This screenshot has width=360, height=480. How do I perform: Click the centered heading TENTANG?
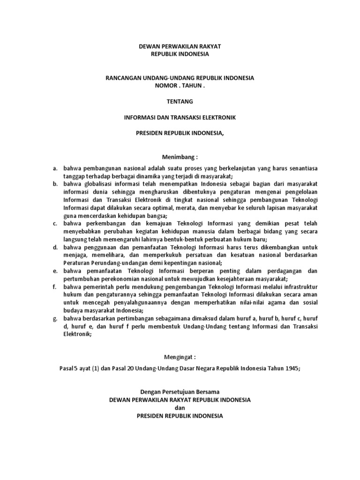[x=180, y=101]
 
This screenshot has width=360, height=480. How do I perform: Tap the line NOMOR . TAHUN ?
[x=180, y=86]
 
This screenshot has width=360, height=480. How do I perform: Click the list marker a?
[x=55, y=168]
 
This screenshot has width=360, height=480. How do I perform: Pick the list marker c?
[x=55, y=224]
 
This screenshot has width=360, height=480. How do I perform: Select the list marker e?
[x=55, y=271]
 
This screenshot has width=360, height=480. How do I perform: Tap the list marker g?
[x=55, y=318]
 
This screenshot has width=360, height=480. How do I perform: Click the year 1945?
[x=292, y=368]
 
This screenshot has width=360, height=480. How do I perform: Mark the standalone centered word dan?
[x=180, y=408]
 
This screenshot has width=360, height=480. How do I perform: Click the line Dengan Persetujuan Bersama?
[x=180, y=391]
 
